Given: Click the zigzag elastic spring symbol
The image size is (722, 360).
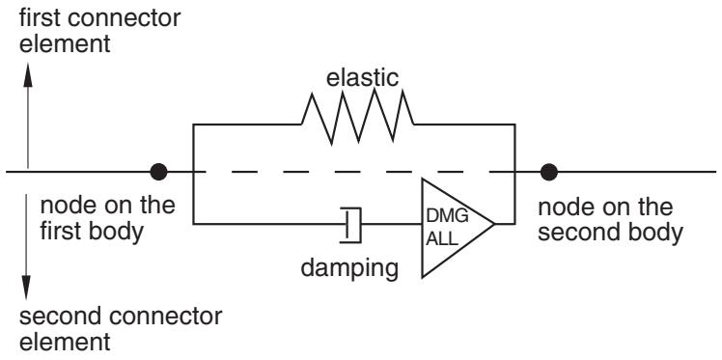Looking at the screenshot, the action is coord(358,117).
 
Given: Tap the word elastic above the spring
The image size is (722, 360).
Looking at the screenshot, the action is coord(362,78).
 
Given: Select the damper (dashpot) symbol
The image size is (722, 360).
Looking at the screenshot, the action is coord(351,225).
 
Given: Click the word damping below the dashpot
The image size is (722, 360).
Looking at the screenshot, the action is coord(349,268).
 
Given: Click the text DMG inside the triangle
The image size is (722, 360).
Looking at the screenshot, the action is coord(447,215).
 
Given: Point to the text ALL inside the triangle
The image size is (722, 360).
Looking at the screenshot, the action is coord(442,239).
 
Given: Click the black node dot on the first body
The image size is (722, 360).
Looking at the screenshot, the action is coord(158,172).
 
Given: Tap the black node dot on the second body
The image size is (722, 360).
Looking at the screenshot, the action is coord(548,172).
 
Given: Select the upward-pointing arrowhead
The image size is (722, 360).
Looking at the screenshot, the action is coord(28,75).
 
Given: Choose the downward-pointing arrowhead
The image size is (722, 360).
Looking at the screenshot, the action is coord(26,288).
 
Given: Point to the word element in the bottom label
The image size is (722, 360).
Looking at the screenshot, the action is coord(65,343).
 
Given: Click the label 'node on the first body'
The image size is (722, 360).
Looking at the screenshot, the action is coord(107,219).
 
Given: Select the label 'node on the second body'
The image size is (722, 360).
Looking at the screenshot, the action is coord(610,220).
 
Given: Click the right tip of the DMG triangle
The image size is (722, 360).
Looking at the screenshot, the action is coord(495,224).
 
